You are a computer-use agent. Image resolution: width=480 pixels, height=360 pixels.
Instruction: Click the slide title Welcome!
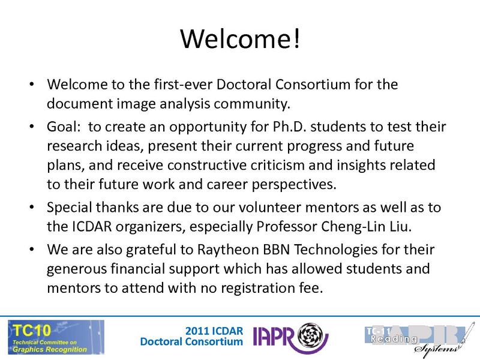click(x=239, y=39)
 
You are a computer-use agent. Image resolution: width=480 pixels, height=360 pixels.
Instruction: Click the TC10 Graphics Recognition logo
click(x=56, y=336)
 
